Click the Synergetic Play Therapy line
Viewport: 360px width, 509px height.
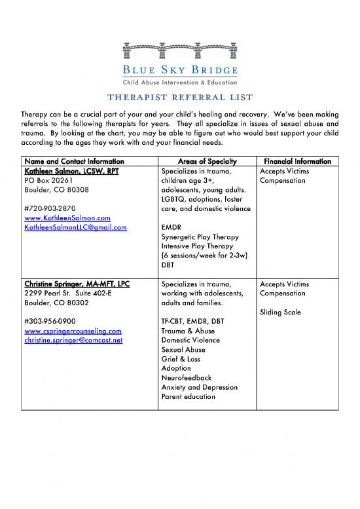click(x=203, y=237)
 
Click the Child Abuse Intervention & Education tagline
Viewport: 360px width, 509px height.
click(x=179, y=83)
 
